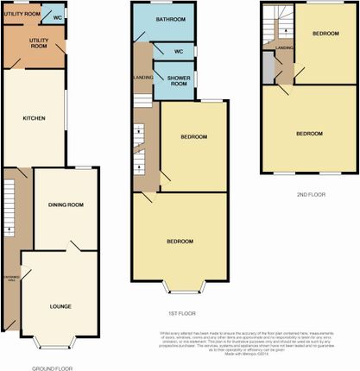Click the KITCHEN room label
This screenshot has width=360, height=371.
pos(32,120)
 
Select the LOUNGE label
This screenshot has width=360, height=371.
pos(60,306)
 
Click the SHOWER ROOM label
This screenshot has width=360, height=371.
pos(173,82)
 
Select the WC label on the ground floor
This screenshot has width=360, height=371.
pos(56,18)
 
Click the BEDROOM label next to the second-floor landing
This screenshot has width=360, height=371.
pos(325,33)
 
